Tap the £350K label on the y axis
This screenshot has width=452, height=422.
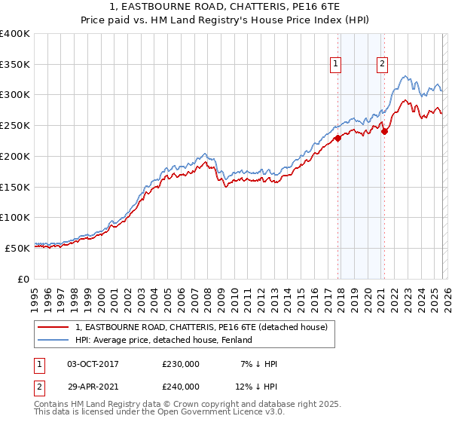(15, 64)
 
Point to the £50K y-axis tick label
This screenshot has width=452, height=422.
(17, 248)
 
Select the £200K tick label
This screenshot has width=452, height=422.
(15, 156)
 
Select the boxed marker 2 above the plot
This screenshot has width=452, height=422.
(383, 64)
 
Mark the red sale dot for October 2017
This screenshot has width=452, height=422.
(337, 137)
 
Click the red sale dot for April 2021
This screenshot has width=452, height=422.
(384, 131)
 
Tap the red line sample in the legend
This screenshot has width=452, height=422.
(54, 328)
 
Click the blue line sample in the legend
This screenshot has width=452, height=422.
(54, 341)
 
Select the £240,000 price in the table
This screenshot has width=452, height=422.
(181, 387)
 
